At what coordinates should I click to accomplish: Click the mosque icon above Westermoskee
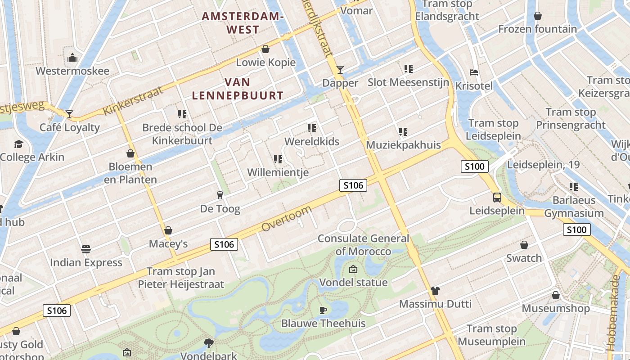point(72,58)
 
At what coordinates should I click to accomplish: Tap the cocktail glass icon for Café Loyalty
point(69,114)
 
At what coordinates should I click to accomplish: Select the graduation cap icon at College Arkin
point(18,144)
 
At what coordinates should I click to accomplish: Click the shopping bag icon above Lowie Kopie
point(265,49)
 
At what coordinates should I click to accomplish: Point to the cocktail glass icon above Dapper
point(340,69)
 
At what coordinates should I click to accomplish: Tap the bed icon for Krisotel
point(473,72)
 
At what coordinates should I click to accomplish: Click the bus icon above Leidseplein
point(497,197)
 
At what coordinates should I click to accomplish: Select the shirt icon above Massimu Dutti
point(435,290)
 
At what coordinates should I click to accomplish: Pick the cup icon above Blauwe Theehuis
point(323,310)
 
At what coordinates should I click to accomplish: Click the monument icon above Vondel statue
point(353,269)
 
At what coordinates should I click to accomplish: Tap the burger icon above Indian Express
point(86,249)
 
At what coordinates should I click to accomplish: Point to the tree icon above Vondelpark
point(208,343)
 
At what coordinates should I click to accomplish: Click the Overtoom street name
point(286,219)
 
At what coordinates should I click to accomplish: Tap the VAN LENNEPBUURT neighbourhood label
point(238,89)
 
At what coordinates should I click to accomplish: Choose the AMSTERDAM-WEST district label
point(243,23)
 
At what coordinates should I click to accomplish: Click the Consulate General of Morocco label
point(364,245)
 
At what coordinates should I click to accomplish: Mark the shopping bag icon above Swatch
point(524,244)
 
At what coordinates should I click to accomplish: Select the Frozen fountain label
point(537,29)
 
